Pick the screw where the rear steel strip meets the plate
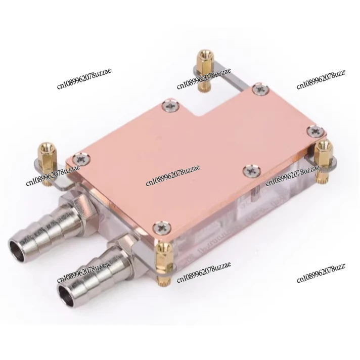(x=260, y=90)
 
